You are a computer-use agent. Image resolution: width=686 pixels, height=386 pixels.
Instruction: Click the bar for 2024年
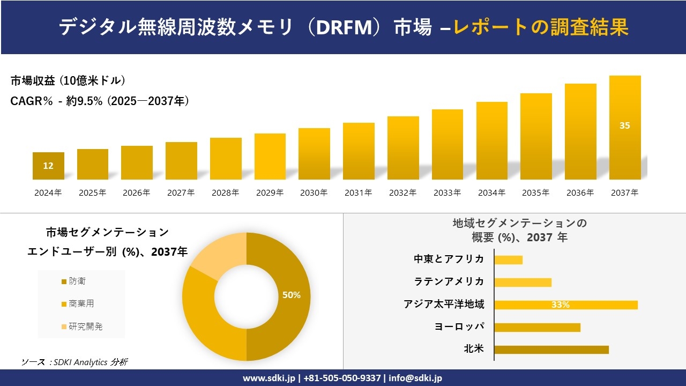48,166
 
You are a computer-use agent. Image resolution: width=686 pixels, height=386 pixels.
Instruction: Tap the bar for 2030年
314,154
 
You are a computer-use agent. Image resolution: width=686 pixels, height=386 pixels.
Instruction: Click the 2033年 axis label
447,193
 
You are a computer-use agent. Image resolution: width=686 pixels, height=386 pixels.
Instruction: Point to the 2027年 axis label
181,193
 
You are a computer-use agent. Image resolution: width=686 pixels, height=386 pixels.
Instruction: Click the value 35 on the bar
625,125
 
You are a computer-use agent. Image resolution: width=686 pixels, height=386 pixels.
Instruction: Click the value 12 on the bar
48,166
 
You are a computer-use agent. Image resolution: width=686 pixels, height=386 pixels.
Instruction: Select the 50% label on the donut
292,295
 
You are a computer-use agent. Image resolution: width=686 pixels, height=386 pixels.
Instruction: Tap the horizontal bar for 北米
551,350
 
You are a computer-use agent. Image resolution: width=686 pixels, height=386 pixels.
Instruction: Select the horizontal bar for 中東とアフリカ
508,259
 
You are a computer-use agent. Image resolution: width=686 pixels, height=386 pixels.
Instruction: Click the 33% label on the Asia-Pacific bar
560,305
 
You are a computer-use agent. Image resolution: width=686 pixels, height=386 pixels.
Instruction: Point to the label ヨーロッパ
459,326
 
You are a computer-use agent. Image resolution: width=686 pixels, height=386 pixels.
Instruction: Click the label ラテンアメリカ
449,281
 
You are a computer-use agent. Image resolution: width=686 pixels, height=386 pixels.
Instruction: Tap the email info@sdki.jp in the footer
416,378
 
